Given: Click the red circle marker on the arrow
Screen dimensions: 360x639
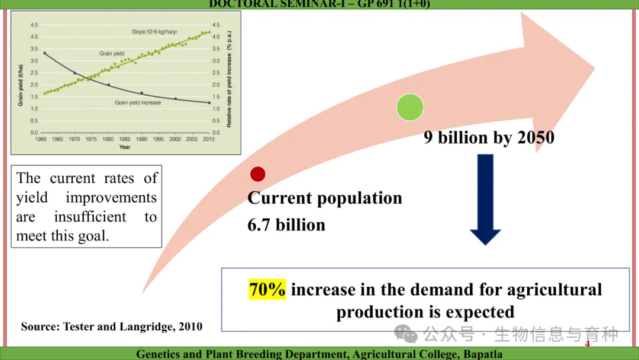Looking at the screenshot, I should pos(257,174).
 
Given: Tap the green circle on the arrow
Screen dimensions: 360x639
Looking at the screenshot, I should pos(409,107).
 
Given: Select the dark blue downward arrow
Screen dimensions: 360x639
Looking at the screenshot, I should pos(485,200).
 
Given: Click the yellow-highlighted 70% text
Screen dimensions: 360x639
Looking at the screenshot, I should pos(267,290).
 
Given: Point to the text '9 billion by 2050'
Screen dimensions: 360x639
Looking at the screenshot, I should pos(489,137).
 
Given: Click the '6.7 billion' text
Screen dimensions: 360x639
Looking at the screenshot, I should pos(286,225).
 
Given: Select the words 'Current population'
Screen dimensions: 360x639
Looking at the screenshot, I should pos(324,198).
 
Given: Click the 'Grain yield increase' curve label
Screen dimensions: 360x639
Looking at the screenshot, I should pos(138,102).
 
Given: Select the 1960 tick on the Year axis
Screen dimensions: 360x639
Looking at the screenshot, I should pos(41,139).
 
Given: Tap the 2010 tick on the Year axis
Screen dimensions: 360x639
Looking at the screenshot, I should pos(208,139).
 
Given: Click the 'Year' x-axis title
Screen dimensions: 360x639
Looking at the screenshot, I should pos(124,147).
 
